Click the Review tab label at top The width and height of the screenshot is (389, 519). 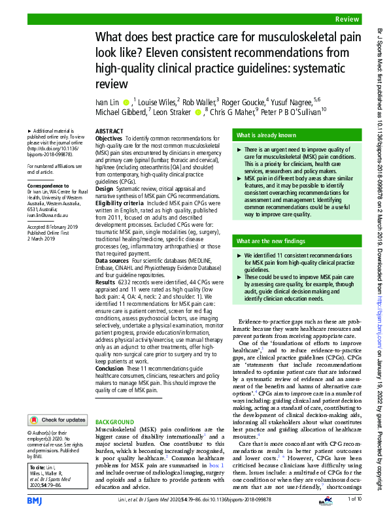347,20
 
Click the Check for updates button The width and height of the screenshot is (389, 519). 58,420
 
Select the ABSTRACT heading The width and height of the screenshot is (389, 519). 109,131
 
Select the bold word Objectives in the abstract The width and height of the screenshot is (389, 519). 109,139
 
